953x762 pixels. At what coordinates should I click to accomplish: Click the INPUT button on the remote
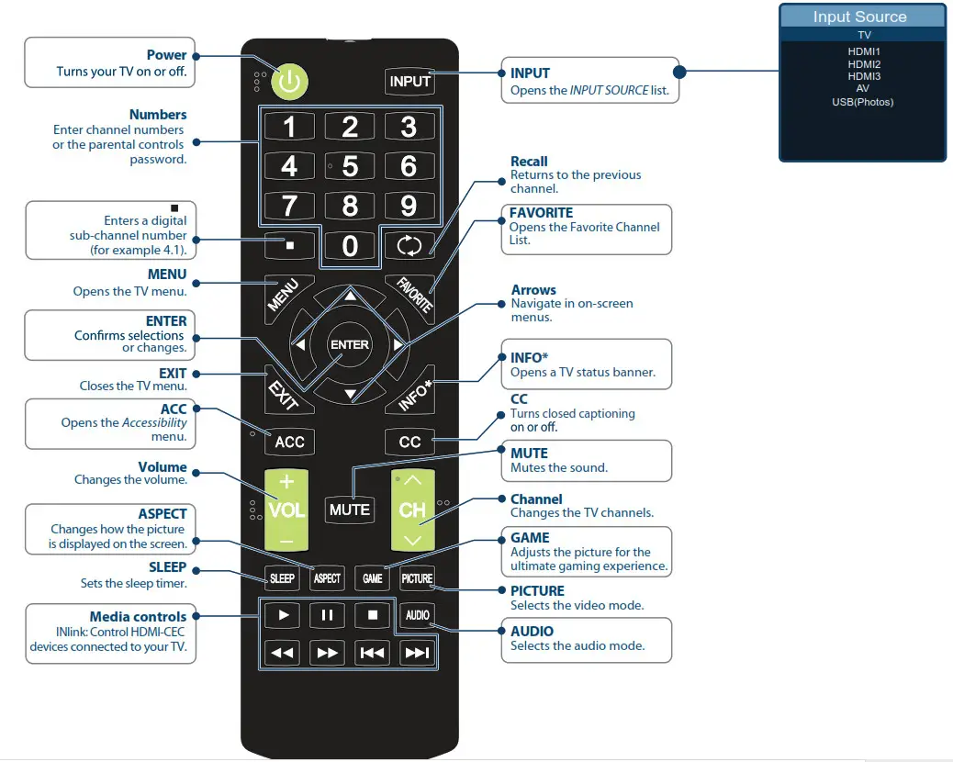tap(409, 81)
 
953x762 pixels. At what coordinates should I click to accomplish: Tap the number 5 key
tap(350, 166)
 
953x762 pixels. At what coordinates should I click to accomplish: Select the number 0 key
tap(350, 245)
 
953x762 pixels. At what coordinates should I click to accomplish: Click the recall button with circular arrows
tap(409, 245)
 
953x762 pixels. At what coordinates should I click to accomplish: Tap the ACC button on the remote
tap(289, 442)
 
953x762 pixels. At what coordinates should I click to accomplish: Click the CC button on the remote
tap(409, 442)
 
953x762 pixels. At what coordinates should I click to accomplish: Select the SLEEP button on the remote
tap(282, 578)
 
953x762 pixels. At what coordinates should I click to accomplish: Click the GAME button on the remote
tap(372, 578)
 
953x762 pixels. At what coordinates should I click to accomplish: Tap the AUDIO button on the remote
tap(417, 615)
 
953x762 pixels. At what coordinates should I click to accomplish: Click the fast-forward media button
tap(327, 653)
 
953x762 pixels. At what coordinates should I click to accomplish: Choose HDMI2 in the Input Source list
tap(864, 64)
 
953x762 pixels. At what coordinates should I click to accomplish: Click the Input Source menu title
tap(859, 17)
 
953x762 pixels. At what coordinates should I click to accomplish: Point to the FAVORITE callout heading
tap(542, 213)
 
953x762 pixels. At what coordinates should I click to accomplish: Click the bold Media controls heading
tap(138, 617)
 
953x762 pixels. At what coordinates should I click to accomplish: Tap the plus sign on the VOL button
tap(286, 481)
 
